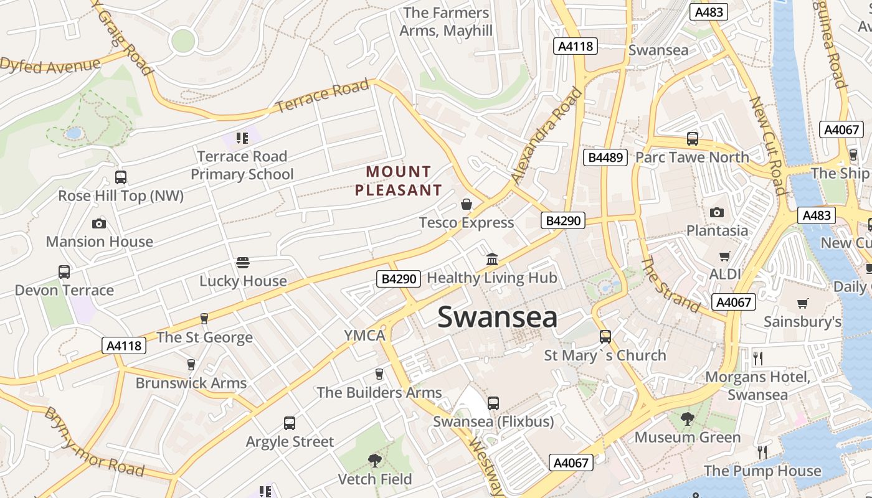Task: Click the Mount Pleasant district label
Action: [x=399, y=181]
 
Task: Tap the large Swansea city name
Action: [x=497, y=317]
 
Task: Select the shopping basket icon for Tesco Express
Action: [x=467, y=204]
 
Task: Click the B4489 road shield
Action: [x=605, y=157]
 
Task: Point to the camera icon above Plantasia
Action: [x=717, y=212]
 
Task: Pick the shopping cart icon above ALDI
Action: [x=725, y=256]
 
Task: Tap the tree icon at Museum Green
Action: [x=688, y=419]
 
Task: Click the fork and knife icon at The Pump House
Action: [x=762, y=452]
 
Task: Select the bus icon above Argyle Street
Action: [x=290, y=423]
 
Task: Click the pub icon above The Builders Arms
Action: [x=379, y=374]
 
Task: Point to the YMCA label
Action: [x=365, y=336]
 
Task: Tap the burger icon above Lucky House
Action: [x=243, y=263]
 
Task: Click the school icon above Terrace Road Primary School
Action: [x=242, y=138]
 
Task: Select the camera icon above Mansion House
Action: [x=99, y=223]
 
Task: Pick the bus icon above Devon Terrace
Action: [x=64, y=272]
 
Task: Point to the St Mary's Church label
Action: [x=605, y=355]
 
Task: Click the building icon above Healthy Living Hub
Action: [x=492, y=259]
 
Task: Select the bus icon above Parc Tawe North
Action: [x=692, y=139]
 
